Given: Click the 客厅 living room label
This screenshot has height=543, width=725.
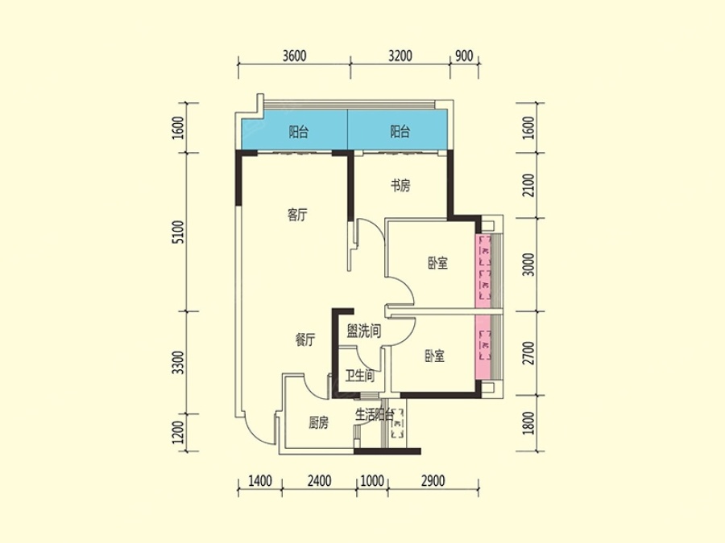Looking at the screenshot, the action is point(296,215).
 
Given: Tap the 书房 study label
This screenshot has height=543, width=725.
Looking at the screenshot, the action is point(400,186).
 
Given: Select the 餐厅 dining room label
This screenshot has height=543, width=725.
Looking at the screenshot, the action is point(305,340).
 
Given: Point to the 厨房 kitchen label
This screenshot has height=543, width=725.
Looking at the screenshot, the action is point(318,422).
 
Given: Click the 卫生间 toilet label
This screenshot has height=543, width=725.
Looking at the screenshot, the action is point(360,376).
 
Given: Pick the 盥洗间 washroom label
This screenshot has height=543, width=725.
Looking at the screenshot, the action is point(364,331).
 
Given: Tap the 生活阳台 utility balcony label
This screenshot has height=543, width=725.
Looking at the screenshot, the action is point(375,414).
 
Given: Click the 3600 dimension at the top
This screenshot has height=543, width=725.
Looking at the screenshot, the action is point(295,56).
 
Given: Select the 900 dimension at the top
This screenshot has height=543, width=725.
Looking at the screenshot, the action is point(464,56).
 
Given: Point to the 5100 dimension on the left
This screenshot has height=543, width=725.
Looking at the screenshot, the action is point(179,232).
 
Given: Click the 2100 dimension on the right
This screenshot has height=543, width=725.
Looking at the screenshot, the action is point(529,185).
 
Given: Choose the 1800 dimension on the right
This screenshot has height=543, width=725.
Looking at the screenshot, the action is point(529,423).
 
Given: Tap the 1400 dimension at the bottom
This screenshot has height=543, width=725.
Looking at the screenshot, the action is point(260,481).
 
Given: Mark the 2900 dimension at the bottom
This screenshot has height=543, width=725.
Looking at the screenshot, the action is point(433,481).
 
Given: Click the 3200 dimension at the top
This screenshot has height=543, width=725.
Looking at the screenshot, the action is point(400,56).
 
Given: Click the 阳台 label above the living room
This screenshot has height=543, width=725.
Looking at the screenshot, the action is point(299,132).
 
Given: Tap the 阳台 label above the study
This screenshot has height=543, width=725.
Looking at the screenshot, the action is point(400,132).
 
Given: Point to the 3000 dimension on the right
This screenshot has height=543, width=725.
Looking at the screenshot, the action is point(529,265).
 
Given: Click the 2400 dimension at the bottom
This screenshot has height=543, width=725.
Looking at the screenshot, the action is point(319,481).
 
